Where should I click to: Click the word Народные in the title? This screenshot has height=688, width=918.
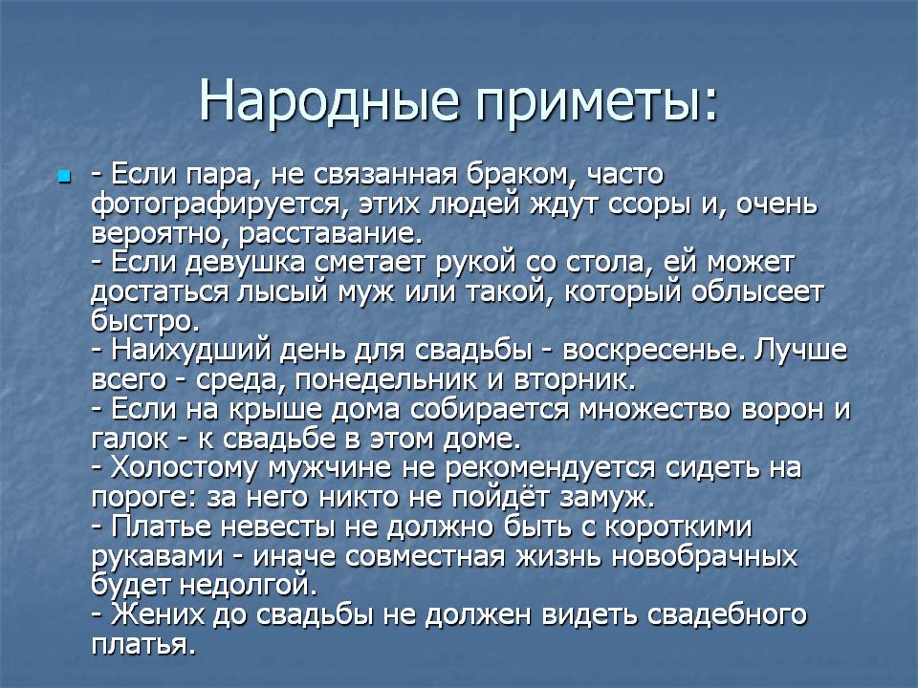(328, 100)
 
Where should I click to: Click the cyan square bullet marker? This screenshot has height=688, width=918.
(64, 176)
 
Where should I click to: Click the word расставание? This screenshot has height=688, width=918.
(331, 235)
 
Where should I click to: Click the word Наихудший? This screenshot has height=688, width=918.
(191, 351)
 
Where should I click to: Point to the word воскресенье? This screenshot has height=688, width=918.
(654, 351)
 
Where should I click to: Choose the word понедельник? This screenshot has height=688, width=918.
(385, 381)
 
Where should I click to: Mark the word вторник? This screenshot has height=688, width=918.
(575, 381)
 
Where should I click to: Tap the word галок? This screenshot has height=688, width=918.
(130, 440)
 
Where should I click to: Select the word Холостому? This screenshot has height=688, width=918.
(185, 468)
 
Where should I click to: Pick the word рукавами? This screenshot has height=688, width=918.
(158, 557)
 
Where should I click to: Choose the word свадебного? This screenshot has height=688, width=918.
(728, 615)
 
